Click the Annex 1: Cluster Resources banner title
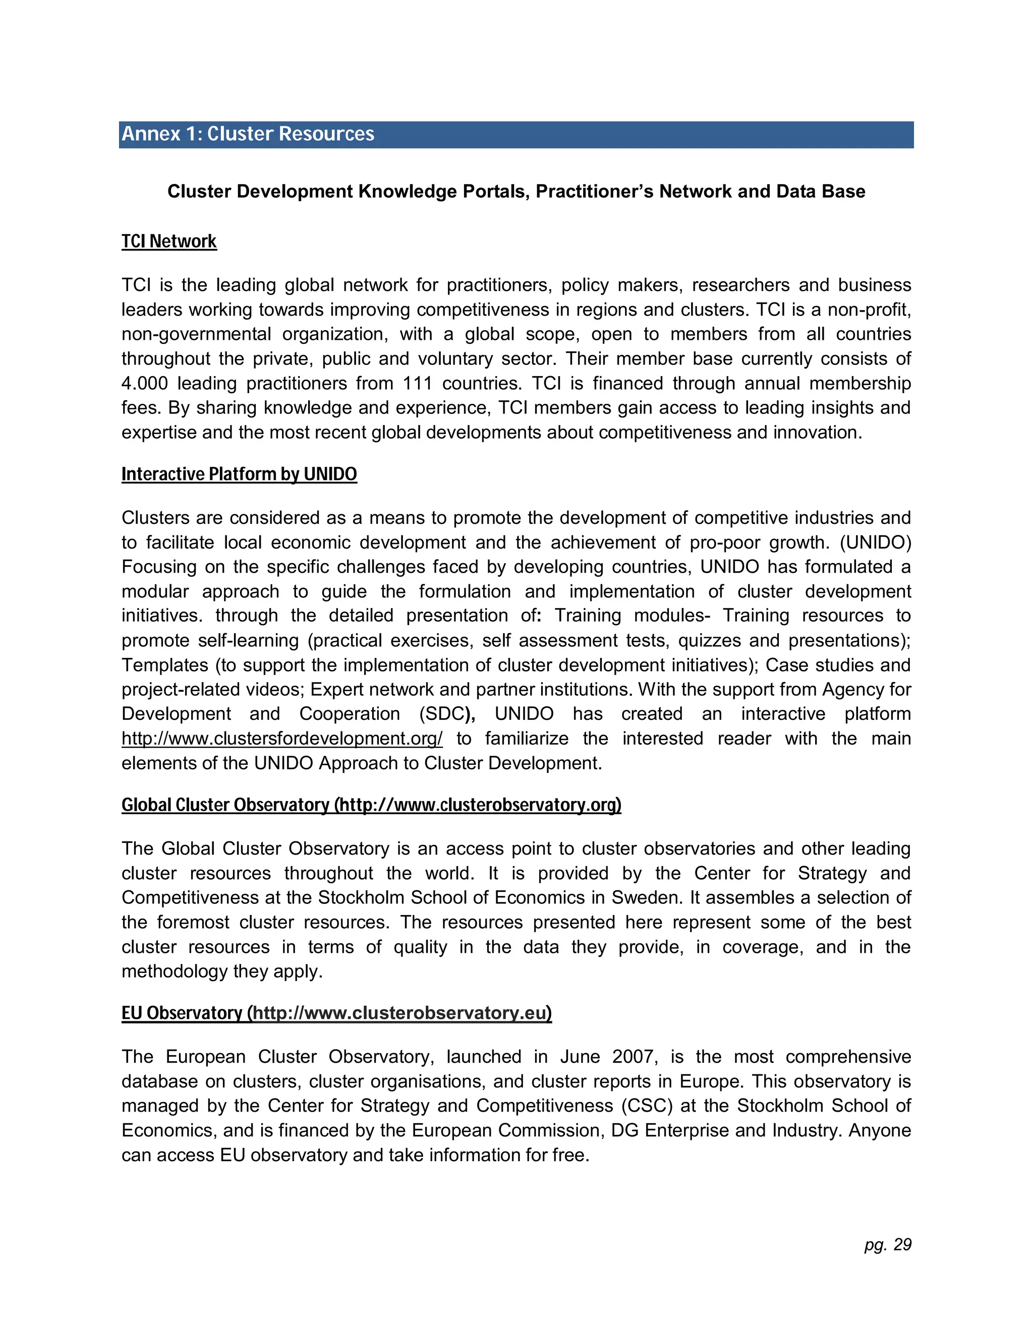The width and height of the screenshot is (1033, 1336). point(248,134)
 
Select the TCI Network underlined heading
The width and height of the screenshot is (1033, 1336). point(169,241)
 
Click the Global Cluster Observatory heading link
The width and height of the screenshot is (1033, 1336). point(371,805)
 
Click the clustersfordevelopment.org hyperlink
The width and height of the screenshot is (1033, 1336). point(282,739)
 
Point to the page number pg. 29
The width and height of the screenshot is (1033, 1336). point(888,1245)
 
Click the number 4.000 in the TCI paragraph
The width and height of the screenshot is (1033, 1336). point(144,384)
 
